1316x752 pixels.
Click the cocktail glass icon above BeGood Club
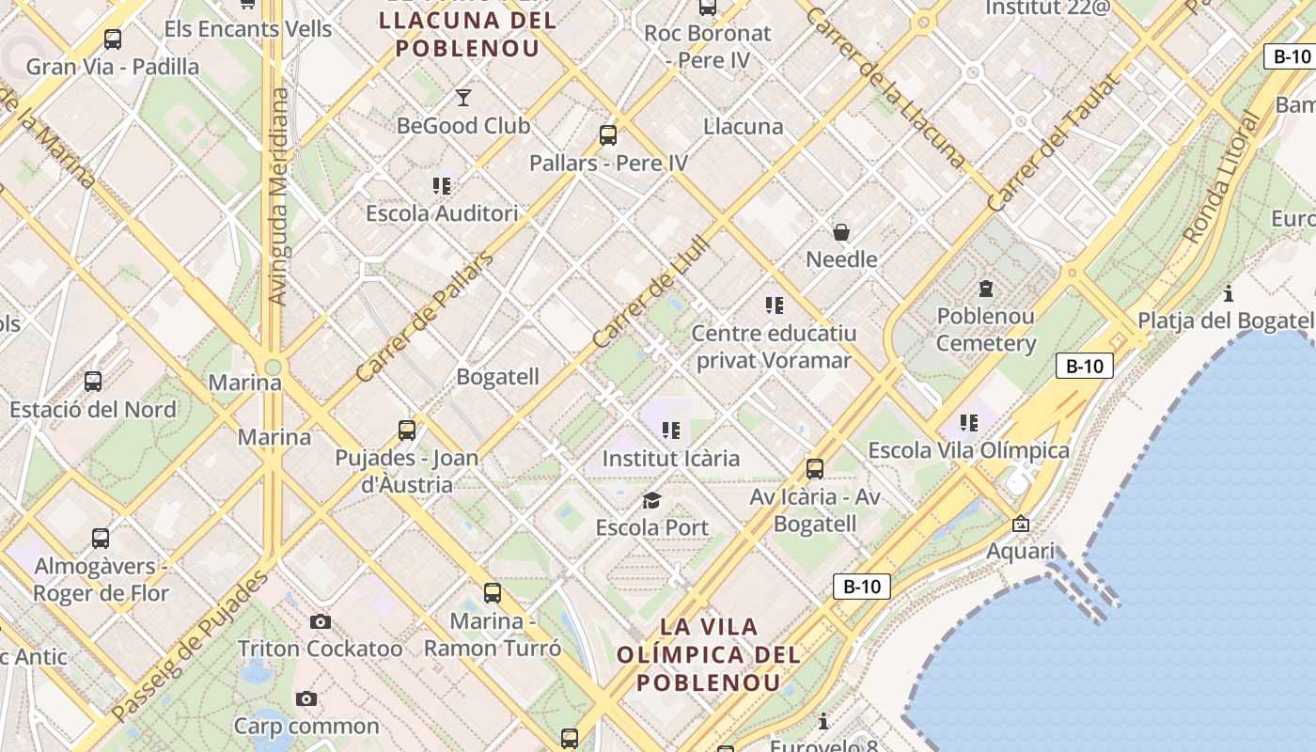[x=462, y=97]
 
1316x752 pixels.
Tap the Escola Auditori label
[x=442, y=213]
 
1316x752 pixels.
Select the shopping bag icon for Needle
[x=841, y=231]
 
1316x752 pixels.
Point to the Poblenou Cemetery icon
[x=985, y=288]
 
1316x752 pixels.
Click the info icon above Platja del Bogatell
[x=1228, y=293]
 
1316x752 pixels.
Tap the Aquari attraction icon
[x=1021, y=524]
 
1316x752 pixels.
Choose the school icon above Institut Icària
[x=670, y=431]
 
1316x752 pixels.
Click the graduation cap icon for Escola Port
[x=651, y=500]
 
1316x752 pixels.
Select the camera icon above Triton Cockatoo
[x=320, y=621]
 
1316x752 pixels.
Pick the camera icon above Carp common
[x=305, y=698]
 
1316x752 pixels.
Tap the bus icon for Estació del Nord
[x=93, y=382]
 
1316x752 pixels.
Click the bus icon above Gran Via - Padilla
[x=113, y=39]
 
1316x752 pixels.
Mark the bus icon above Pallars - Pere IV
[x=608, y=135]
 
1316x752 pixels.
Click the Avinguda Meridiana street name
[x=277, y=197]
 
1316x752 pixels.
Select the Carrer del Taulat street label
[x=1055, y=143]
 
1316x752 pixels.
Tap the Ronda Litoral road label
[x=1222, y=179]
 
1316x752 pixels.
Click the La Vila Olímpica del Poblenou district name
[x=709, y=654]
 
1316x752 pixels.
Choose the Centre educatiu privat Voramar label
[x=773, y=347]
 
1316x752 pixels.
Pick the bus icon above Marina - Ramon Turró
[x=493, y=593]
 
